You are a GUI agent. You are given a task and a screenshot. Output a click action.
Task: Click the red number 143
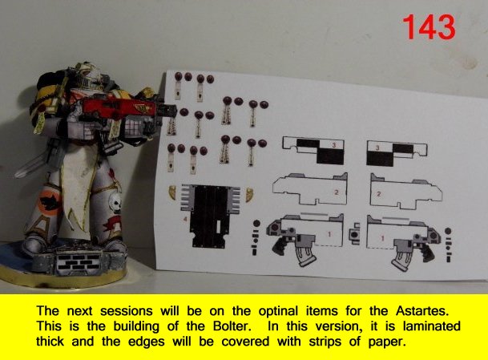tap(429, 27)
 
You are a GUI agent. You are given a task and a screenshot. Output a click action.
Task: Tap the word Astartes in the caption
tap(422, 311)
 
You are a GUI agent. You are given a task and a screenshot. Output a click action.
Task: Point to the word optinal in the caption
tap(278, 311)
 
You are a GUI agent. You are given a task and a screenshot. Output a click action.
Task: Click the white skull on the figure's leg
tap(115, 203)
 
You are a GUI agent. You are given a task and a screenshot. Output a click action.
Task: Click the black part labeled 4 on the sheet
tap(211, 216)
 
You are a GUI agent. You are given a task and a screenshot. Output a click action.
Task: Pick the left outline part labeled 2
tap(310, 189)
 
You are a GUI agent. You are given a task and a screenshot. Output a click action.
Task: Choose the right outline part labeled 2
tap(405, 192)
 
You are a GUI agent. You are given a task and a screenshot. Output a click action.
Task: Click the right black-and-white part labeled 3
tap(397, 153)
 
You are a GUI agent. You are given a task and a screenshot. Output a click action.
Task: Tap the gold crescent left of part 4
tap(173, 194)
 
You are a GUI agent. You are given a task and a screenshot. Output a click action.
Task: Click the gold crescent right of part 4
tap(249, 195)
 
